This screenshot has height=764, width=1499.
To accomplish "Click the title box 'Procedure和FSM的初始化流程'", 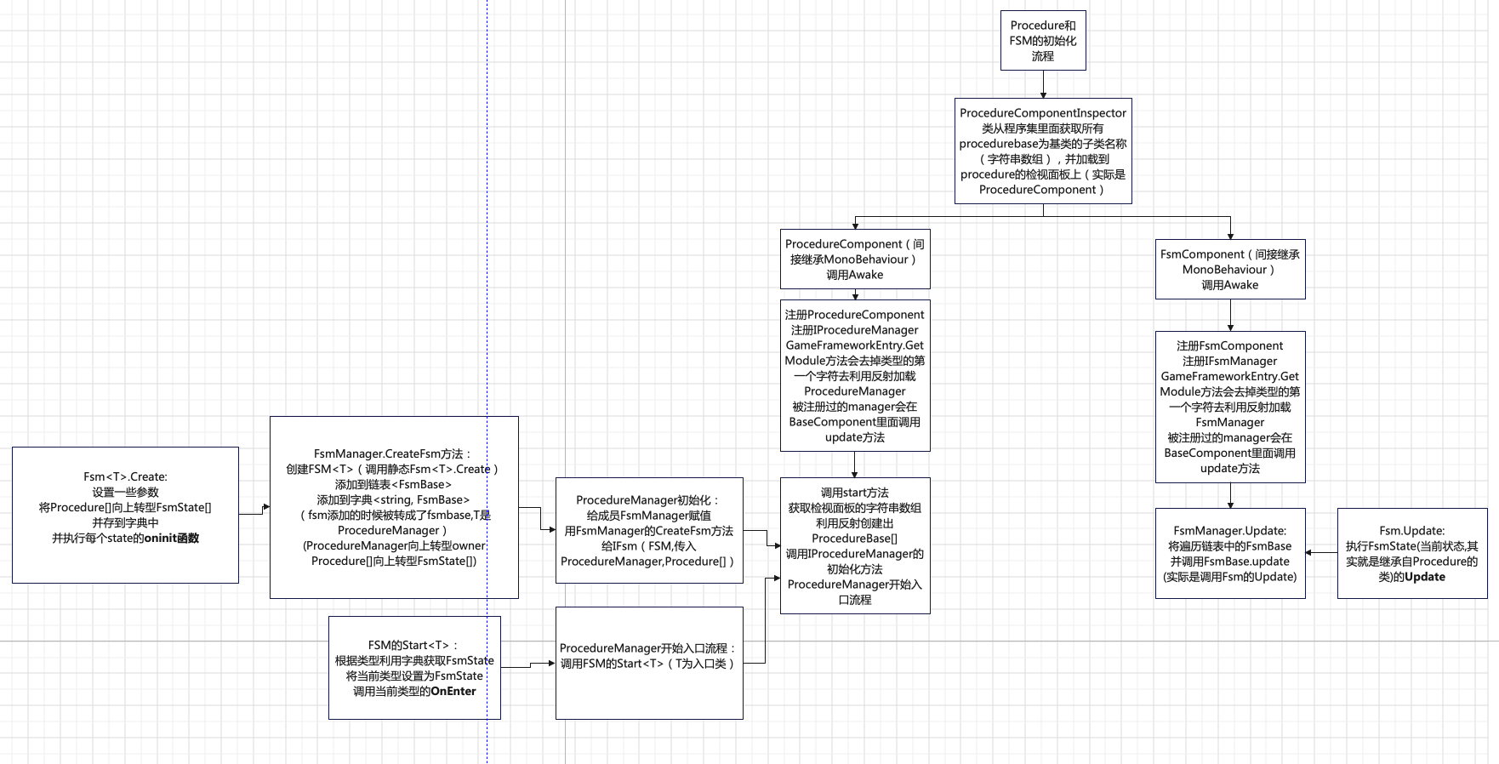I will point(1043,40).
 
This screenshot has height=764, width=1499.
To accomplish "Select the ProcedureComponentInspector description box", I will point(1043,151).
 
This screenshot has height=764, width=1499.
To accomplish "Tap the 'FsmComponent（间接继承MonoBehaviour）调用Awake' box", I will point(1229,269).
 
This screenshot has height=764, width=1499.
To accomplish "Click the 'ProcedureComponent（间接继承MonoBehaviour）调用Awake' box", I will point(855,259).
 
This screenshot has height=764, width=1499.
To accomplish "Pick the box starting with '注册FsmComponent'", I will point(1229,407).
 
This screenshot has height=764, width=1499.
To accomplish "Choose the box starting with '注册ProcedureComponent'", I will point(855,375).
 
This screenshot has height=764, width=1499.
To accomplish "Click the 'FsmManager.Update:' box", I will point(1229,553).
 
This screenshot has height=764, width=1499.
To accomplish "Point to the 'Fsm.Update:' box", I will point(1411,553).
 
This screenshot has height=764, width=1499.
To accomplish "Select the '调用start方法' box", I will point(855,545).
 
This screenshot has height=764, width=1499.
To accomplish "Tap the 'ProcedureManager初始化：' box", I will point(649,530).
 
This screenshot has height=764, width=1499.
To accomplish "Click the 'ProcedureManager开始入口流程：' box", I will point(649,663).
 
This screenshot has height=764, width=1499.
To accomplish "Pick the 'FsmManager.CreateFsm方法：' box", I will point(394,507).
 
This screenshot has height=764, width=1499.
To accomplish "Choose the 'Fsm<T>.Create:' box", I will point(125,515).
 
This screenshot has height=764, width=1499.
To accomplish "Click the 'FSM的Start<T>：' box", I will point(414,668).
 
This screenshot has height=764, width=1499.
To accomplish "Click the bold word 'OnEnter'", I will point(453,692).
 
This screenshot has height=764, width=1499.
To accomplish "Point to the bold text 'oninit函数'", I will point(171,539).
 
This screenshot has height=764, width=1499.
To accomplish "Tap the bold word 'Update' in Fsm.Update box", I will point(1425,577).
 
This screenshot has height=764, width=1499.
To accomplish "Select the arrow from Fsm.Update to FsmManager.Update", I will point(1321,553).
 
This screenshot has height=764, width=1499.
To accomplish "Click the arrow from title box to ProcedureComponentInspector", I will point(1043,84).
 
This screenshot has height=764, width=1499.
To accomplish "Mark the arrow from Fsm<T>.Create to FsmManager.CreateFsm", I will point(254,511).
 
